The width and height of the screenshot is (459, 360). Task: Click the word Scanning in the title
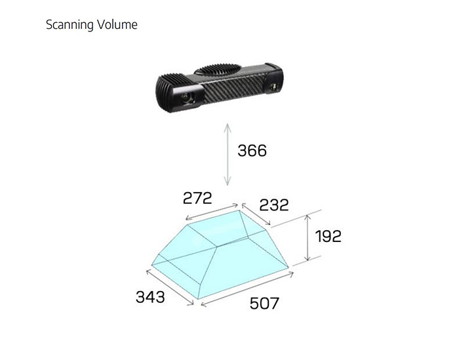click(x=70, y=25)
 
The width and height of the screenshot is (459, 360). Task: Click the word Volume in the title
click(x=117, y=24)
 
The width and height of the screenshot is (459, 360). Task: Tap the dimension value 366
click(x=252, y=151)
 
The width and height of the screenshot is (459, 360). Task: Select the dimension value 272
click(x=197, y=198)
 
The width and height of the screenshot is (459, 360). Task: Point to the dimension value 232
click(x=274, y=205)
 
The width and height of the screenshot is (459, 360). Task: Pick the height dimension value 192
click(x=328, y=236)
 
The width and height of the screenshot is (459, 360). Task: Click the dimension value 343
click(x=150, y=297)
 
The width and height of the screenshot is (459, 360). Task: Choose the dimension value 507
click(x=264, y=303)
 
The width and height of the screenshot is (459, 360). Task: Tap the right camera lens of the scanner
click(x=273, y=87)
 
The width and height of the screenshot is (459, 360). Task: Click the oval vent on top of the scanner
click(x=218, y=70)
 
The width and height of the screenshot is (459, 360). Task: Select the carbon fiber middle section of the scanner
click(x=235, y=85)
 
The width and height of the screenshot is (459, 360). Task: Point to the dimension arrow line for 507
click(x=247, y=289)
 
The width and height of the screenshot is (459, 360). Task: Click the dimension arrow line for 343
click(x=170, y=287)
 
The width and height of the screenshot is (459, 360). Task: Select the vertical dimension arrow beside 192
click(x=307, y=237)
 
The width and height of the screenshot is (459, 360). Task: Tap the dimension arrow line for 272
click(x=212, y=212)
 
